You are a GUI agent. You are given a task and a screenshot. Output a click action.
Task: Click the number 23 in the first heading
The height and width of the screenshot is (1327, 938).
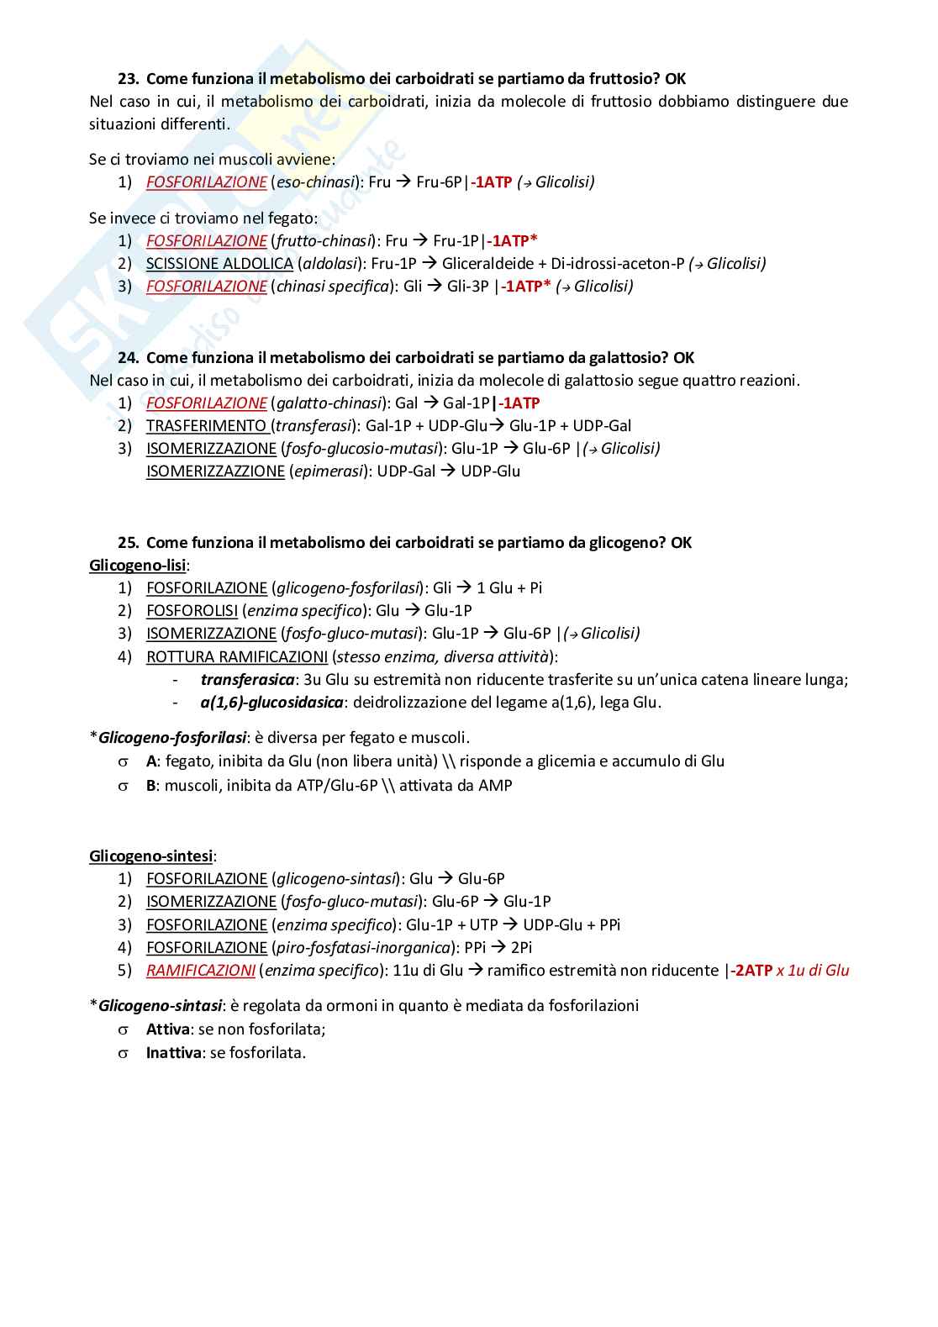pos(127,79)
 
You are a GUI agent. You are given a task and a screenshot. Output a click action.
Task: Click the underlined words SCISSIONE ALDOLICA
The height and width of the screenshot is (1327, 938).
pos(219,264)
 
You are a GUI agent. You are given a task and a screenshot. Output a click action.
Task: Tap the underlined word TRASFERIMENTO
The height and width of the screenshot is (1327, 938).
pos(206,426)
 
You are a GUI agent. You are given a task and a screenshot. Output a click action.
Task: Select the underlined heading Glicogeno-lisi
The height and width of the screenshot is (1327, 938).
pos(138,566)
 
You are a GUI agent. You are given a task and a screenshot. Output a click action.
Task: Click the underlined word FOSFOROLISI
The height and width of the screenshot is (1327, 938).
pos(192,611)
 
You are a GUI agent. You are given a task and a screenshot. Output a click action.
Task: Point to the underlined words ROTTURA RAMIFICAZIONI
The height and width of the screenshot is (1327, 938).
pos(236,657)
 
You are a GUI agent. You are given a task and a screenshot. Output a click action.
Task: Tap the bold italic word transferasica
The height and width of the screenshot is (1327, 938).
pos(247,680)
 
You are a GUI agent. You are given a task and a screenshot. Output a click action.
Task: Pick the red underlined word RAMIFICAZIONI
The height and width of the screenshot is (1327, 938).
pos(200,971)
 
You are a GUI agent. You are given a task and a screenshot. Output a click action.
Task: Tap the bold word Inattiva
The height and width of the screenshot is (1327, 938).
pos(173,1053)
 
